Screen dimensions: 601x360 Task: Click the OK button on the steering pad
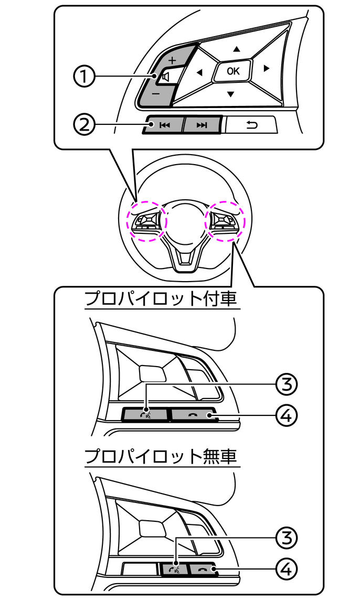(x=232, y=71)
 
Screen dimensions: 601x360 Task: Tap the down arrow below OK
(x=230, y=94)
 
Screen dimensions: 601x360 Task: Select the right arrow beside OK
(x=267, y=68)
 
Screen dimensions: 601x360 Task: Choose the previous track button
(x=164, y=125)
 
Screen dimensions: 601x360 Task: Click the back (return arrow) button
(x=252, y=125)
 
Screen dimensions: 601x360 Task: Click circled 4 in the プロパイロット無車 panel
(x=286, y=568)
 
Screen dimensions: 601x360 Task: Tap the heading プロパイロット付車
(x=161, y=300)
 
